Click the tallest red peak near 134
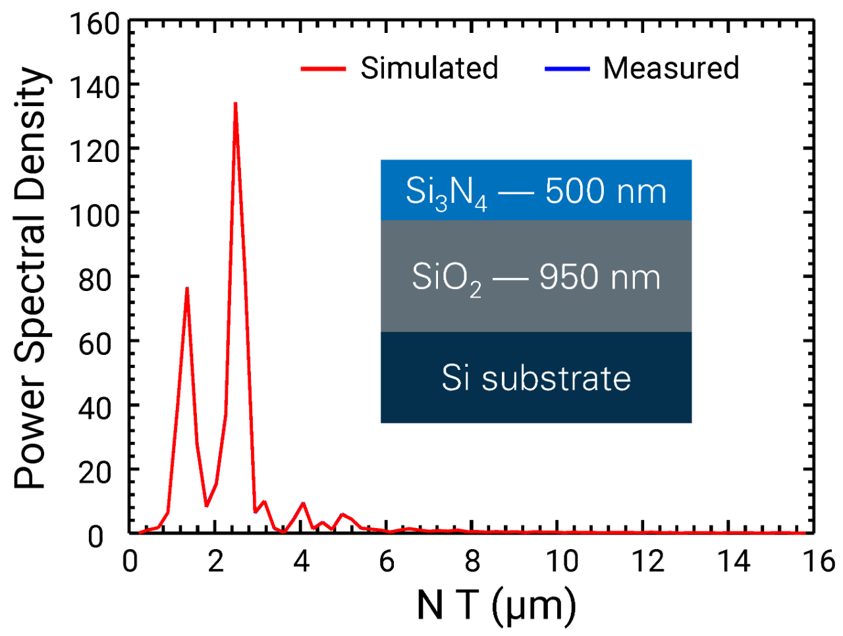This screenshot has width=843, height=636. coord(235,103)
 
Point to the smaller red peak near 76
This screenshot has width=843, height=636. coord(187,288)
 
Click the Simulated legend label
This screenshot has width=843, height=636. coord(429,68)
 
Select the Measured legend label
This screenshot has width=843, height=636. coord(671,68)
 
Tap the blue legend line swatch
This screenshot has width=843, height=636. coord(567,68)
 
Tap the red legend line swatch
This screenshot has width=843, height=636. coord(323,68)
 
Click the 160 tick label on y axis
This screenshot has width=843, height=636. coord(95,25)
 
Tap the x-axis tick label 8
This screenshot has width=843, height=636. coord(472,562)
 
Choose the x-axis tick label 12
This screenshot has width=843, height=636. coord(648,562)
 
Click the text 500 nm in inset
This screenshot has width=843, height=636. coord(606,191)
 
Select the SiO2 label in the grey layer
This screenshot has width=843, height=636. coord(446,278)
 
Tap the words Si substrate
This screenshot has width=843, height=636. coord(536,378)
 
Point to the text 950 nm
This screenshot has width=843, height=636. coord(599,277)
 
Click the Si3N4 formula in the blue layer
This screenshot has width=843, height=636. coord(446,192)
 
